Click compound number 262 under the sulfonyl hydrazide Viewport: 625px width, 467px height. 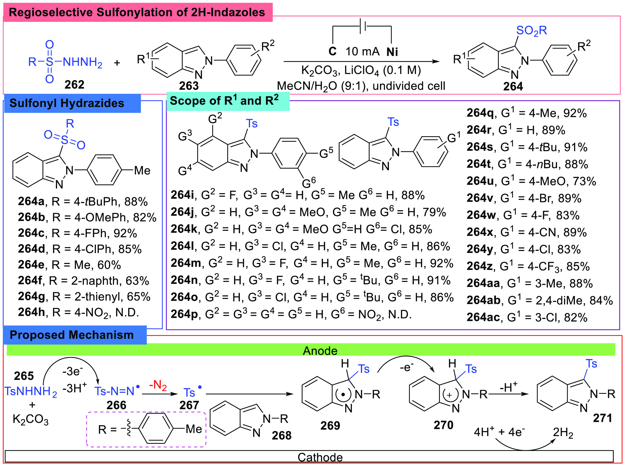pos(74,84)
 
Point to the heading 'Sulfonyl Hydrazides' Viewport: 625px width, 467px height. pos(67,103)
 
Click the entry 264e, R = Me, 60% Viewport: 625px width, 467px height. pos(69,265)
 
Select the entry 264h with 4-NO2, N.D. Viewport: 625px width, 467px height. pos(78,312)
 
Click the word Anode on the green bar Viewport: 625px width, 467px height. pos(320,351)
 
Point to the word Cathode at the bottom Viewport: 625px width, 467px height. pos(320,457)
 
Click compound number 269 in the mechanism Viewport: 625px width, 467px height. pos(330,425)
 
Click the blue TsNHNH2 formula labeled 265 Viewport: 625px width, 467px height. pos(31,391)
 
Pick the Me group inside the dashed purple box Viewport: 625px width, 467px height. pos(194,429)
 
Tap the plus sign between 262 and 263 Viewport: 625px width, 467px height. pos(117,62)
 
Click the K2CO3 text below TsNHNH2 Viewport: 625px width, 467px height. pos(31,419)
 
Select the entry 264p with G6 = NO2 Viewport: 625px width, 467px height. pos(291,314)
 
